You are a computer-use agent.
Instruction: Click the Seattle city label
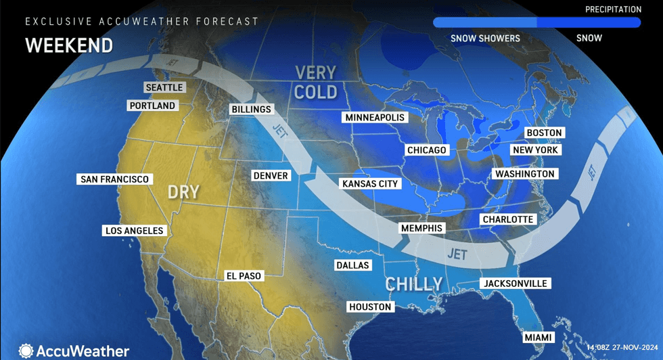coord(164,87)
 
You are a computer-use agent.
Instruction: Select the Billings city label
coord(251,109)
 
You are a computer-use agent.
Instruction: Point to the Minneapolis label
coord(375,118)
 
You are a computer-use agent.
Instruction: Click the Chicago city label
coord(427,150)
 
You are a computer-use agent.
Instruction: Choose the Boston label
coord(545,133)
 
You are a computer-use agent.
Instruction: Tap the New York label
coord(535,150)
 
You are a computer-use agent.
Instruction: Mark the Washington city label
coord(524,174)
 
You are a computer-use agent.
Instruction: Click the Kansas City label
coord(370,183)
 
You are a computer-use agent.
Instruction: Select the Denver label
coord(271,175)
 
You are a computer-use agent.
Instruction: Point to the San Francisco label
coord(114,179)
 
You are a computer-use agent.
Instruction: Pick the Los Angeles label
coord(135,231)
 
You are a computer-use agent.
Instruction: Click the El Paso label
coord(244,276)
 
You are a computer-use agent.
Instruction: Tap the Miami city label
coord(539,337)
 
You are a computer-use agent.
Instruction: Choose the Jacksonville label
coord(515,284)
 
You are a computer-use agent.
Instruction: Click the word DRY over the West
coord(183,192)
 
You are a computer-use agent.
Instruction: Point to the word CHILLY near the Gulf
coord(414,284)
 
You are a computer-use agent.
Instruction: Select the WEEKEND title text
coord(69,45)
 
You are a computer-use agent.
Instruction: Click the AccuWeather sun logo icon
coord(26,351)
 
